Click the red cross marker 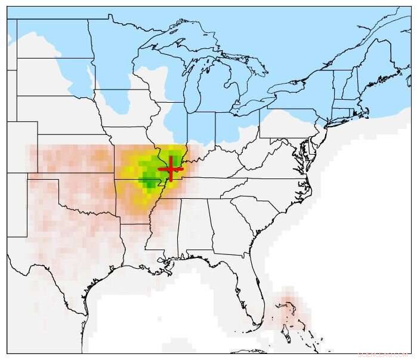[171, 168]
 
